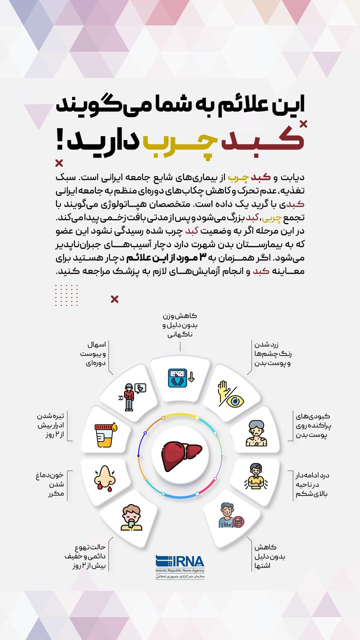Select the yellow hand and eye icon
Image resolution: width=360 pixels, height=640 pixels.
[230, 393]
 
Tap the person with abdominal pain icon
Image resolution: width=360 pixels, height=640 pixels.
[255, 476]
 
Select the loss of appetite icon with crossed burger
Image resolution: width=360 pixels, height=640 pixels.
[230, 515]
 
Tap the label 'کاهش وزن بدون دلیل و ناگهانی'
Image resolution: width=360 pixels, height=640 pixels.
[180, 325]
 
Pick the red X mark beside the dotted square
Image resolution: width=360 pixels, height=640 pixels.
[114, 299]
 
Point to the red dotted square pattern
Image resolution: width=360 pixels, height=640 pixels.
[66, 295]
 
